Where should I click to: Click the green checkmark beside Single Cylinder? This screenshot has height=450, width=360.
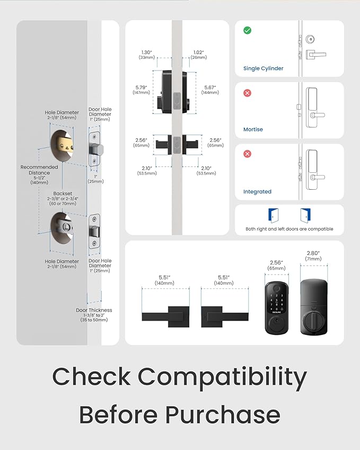click(x=247, y=31)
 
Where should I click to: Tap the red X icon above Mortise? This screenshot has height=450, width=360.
click(x=247, y=93)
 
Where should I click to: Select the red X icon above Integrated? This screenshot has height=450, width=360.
click(x=247, y=154)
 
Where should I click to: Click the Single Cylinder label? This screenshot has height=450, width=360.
click(x=264, y=68)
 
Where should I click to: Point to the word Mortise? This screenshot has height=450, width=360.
click(x=253, y=129)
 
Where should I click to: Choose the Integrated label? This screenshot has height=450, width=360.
click(x=257, y=191)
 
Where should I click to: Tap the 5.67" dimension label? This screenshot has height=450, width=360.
click(x=210, y=90)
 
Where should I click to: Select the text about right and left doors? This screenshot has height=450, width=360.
click(x=289, y=229)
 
